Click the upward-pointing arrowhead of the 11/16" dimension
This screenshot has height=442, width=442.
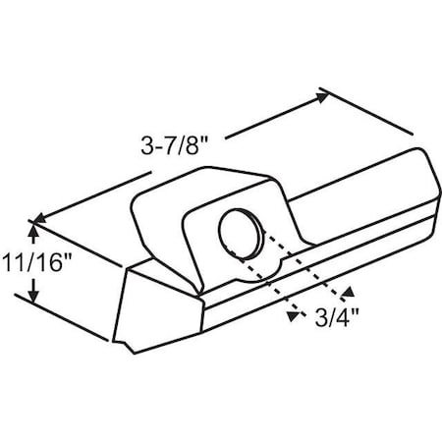pyautogui.click(x=34, y=232)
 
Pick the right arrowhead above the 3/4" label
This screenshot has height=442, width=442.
pyautogui.click(x=346, y=290)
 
